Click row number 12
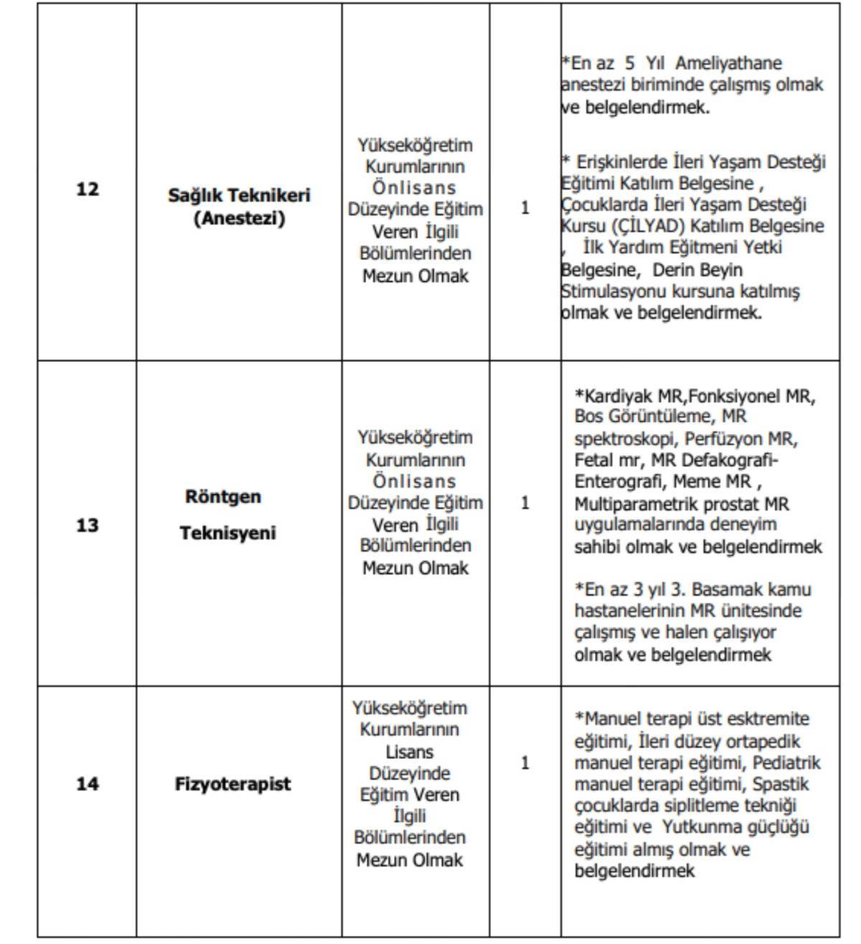tap(87, 190)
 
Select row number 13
tap(87, 526)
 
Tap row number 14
tap(87, 784)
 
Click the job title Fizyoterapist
tap(232, 783)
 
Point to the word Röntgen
tap(223, 497)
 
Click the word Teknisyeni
tap(227, 534)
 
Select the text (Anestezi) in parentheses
tap(239, 218)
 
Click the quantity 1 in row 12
tap(525, 208)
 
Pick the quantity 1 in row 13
tap(525, 503)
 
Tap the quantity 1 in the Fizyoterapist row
tap(525, 763)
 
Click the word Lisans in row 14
tap(410, 752)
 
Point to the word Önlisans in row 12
tap(414, 188)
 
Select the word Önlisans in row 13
tap(414, 481)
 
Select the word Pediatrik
tap(786, 763)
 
